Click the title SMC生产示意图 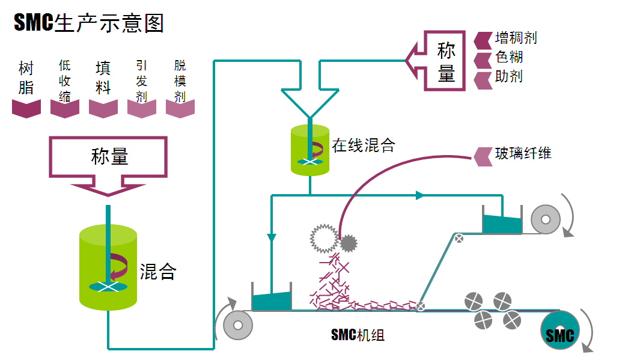click(x=89, y=23)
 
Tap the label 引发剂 click(x=142, y=81)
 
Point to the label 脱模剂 click(x=180, y=81)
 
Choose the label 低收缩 click(x=65, y=81)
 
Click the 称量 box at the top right click(x=445, y=61)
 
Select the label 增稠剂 click(x=516, y=38)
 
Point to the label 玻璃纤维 click(x=523, y=153)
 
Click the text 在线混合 click(x=363, y=145)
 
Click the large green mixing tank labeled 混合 click(x=108, y=267)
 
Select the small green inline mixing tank click(x=310, y=150)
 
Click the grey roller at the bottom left click(x=238, y=326)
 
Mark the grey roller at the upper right click(x=546, y=219)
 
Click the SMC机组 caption click(x=358, y=335)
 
